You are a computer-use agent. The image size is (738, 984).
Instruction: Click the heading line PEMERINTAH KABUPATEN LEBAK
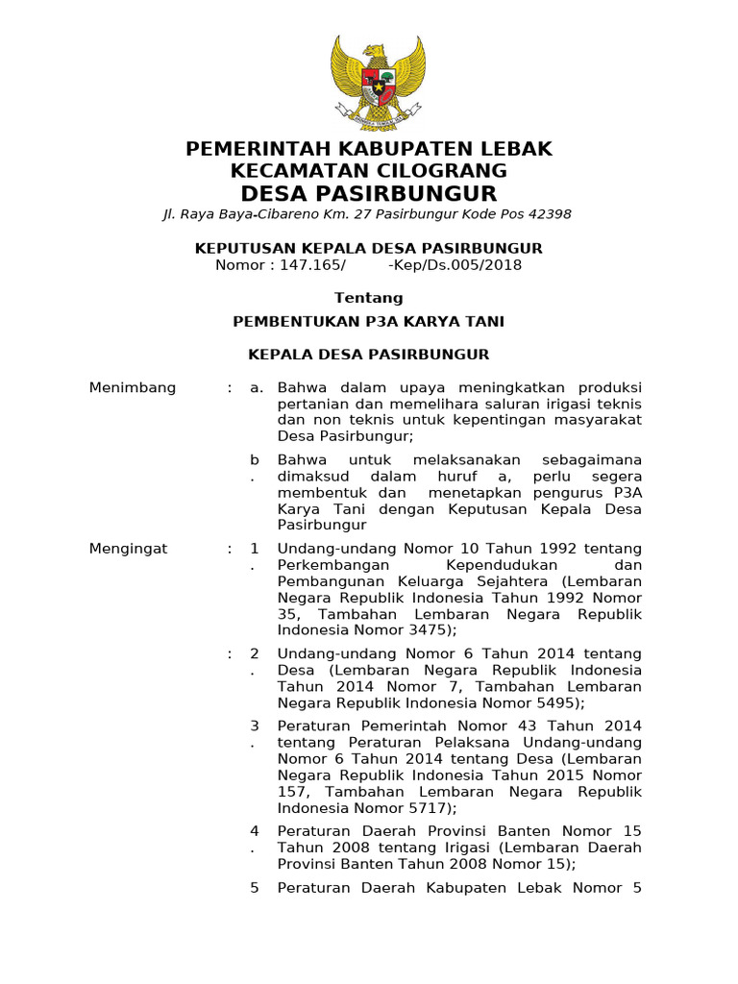coord(369,149)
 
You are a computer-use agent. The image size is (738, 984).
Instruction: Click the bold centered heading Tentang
coord(369,298)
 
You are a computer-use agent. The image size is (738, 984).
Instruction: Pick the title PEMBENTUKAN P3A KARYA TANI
coord(369,321)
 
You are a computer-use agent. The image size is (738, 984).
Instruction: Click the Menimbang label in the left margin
coord(133,387)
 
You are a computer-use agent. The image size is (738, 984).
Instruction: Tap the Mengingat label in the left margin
coord(128,549)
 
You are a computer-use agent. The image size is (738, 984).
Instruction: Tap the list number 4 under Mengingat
coord(255,830)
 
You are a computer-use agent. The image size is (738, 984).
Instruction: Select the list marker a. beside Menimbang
coord(256,387)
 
